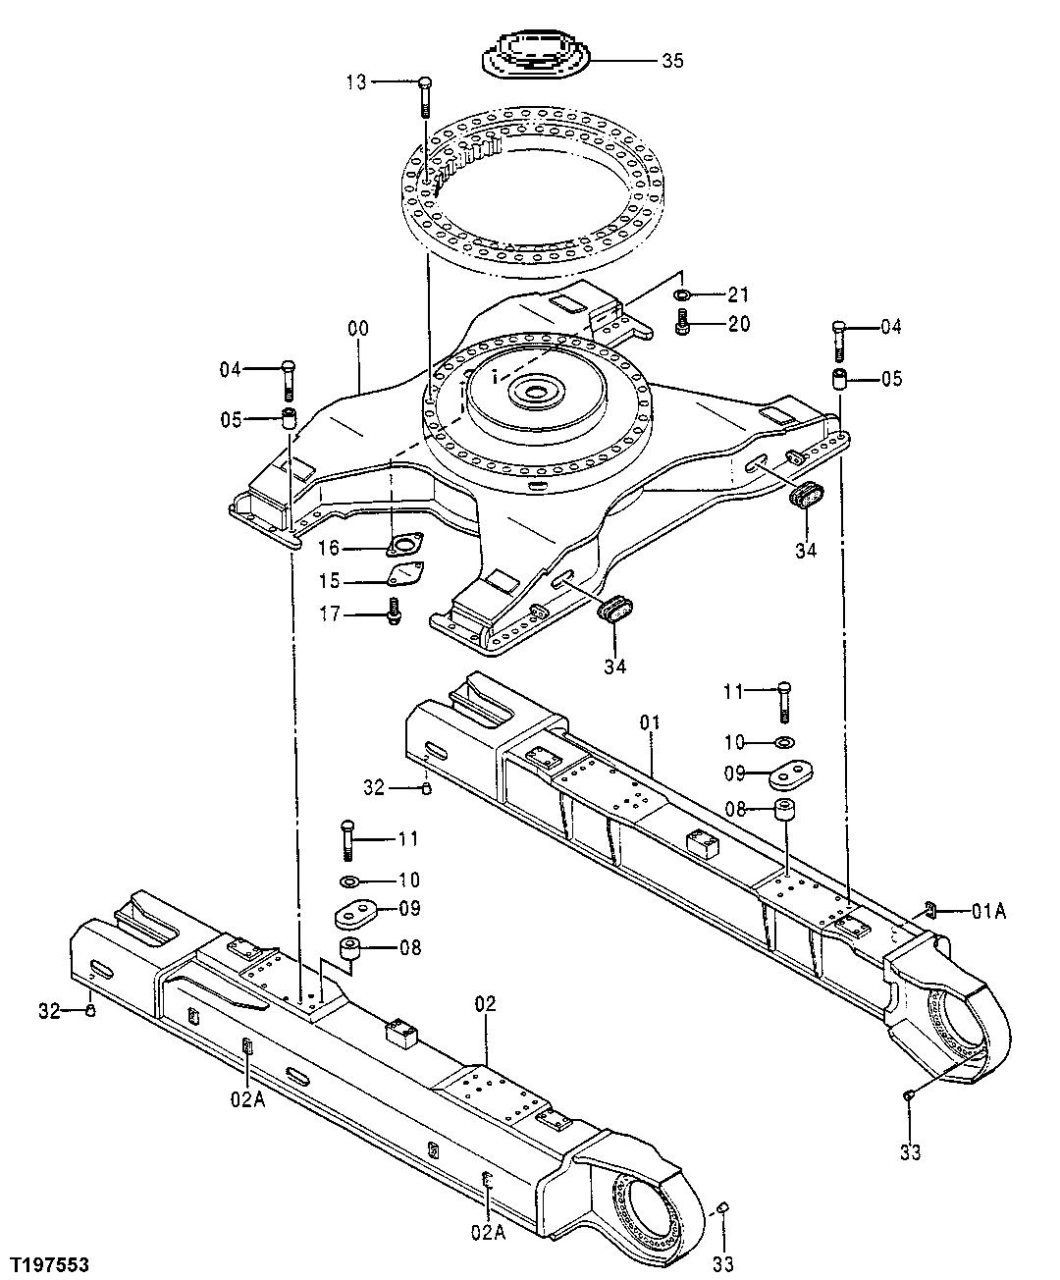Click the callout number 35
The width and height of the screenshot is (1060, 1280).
click(x=672, y=61)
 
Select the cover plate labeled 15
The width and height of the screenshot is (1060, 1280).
click(x=405, y=574)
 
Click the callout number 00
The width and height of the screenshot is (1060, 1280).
click(x=358, y=328)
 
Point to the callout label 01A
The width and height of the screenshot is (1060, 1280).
click(x=989, y=912)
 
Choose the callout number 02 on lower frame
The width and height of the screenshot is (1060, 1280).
click(x=485, y=1003)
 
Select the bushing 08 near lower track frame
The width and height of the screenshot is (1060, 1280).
click(x=351, y=950)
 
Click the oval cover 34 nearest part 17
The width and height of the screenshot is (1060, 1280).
click(x=614, y=609)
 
